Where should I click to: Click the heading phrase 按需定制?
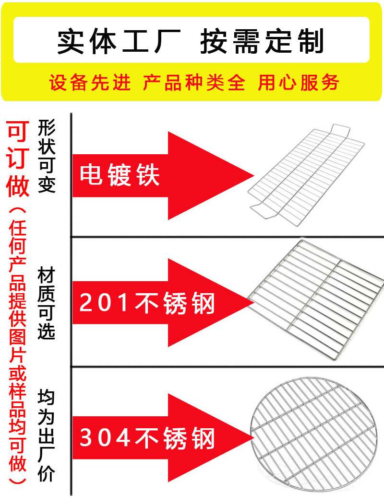pyautogui.click(x=262, y=42)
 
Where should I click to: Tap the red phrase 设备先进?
pyautogui.click(x=90, y=83)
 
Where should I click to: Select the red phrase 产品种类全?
pyautogui.click(x=194, y=83)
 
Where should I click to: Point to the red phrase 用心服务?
pyautogui.click(x=299, y=83)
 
